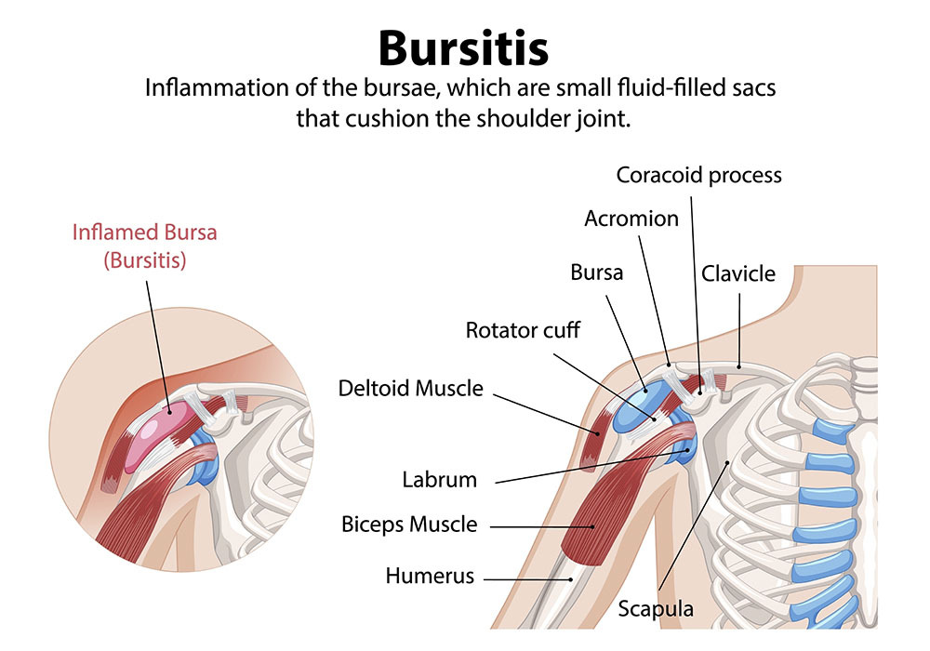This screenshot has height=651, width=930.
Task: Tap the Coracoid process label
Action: pyautogui.click(x=699, y=175)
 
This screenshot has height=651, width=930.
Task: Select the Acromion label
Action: pyautogui.click(x=631, y=219)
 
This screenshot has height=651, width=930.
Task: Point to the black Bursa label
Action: pyautogui.click(x=596, y=273)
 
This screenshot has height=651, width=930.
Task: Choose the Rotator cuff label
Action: pyautogui.click(x=523, y=330)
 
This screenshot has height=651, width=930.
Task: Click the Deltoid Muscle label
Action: pyautogui.click(x=411, y=388)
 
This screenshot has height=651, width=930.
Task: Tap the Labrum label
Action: pyautogui.click(x=439, y=480)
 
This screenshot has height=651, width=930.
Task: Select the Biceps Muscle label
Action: pyautogui.click(x=409, y=525)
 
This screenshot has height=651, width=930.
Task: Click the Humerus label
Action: pyautogui.click(x=430, y=577)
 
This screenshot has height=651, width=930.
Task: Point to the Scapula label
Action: pyautogui.click(x=657, y=610)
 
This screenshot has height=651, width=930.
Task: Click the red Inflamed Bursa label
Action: pyautogui.click(x=144, y=232)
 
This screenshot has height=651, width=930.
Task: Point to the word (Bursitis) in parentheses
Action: pyautogui.click(x=144, y=260)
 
